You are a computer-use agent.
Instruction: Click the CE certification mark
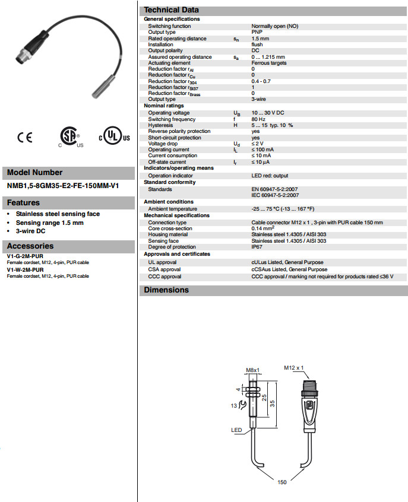click(x=25, y=137)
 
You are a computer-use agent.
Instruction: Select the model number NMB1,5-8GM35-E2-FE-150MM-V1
click(x=63, y=185)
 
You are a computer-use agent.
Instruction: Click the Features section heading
click(x=24, y=203)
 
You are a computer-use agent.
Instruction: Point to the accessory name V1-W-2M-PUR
click(x=25, y=269)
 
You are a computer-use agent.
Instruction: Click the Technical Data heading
click(x=172, y=9)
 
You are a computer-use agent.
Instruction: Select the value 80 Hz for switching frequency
click(x=258, y=119)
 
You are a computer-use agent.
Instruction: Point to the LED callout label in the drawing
click(x=236, y=430)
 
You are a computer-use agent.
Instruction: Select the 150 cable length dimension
click(x=282, y=482)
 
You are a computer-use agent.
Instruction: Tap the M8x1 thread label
click(x=254, y=370)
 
